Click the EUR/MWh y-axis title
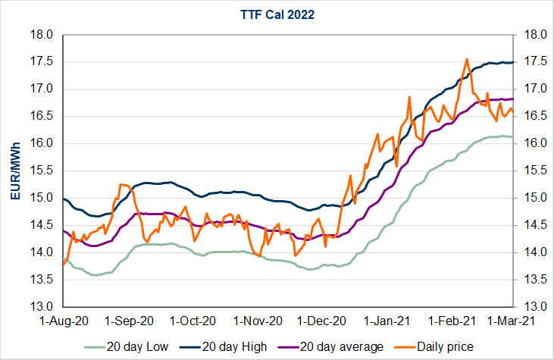(x=15, y=171)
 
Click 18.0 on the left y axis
(x=42, y=35)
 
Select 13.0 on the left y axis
(x=42, y=307)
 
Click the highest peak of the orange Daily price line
(x=467, y=59)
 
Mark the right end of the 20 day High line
(x=513, y=62)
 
